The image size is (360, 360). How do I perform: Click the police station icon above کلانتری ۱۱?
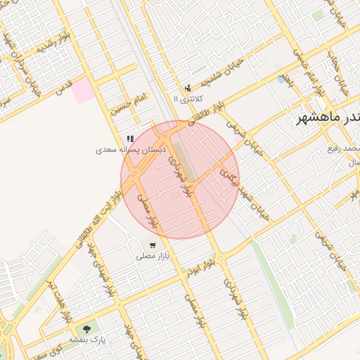188,88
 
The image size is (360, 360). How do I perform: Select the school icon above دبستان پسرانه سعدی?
129,139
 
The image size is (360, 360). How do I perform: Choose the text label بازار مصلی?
153,257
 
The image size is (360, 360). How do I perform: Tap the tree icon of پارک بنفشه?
87,328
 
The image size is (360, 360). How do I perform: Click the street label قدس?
64,88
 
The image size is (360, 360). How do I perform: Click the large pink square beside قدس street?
84,91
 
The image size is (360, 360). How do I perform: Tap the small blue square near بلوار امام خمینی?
281,79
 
